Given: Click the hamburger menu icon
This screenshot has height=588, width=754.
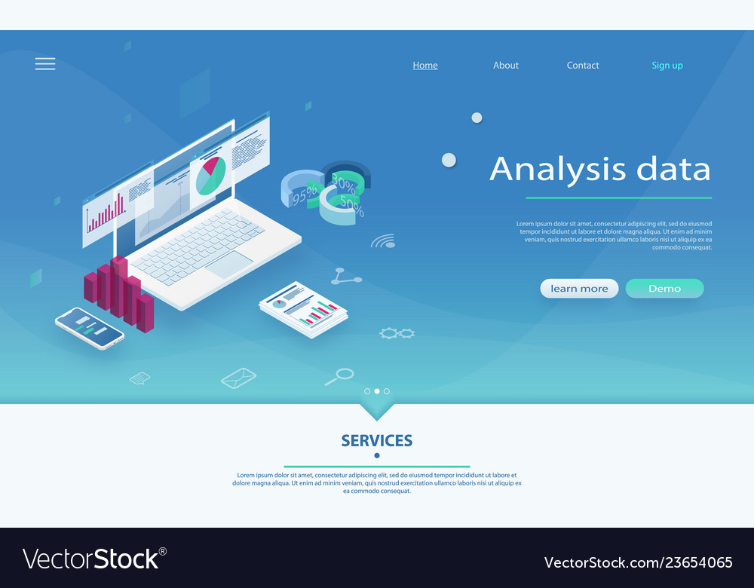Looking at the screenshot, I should [45, 64].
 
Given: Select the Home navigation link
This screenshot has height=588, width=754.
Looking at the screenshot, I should [425, 66].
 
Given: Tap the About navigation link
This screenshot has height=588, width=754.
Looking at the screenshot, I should [506, 66].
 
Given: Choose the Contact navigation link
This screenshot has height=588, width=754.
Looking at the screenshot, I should [583, 66].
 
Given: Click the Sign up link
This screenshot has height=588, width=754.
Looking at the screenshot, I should [667, 66].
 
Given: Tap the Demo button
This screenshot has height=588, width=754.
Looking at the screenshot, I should [664, 288].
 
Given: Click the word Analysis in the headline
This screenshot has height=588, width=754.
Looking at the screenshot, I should [558, 169].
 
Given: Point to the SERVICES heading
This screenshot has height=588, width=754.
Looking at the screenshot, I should [377, 441].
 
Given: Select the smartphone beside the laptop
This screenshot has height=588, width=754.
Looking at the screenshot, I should [90, 328].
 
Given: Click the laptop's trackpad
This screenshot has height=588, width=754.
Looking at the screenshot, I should [229, 265].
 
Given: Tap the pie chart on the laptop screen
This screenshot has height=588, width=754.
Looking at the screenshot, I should [210, 176].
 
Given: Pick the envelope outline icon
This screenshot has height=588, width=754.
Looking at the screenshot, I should [238, 377].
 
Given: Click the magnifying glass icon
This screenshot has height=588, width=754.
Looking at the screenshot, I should [340, 375].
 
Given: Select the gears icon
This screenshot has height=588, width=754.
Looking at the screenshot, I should [397, 332].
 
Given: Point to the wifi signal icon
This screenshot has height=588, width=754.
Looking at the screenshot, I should [383, 241].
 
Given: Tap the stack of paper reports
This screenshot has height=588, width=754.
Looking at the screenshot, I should [304, 309].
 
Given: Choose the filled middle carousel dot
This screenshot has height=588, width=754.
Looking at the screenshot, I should [377, 391].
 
